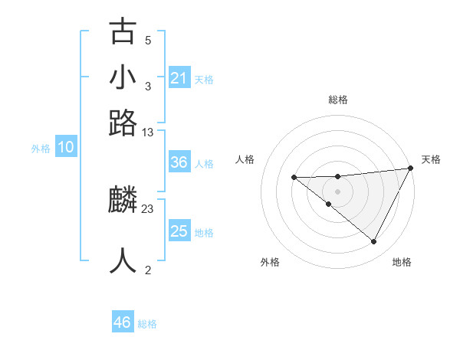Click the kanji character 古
123,33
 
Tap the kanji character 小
123,78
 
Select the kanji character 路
123,123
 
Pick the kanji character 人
123,260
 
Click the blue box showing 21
179,78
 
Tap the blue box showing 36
179,162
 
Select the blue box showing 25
179,231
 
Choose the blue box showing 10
66,147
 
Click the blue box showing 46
123,322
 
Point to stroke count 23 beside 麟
148,208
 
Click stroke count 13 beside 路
148,132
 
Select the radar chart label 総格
338,100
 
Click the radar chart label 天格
431,159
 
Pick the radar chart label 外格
270,262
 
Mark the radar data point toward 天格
411,169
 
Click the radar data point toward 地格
374,242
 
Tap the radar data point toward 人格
294,177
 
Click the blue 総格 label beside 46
147,324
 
